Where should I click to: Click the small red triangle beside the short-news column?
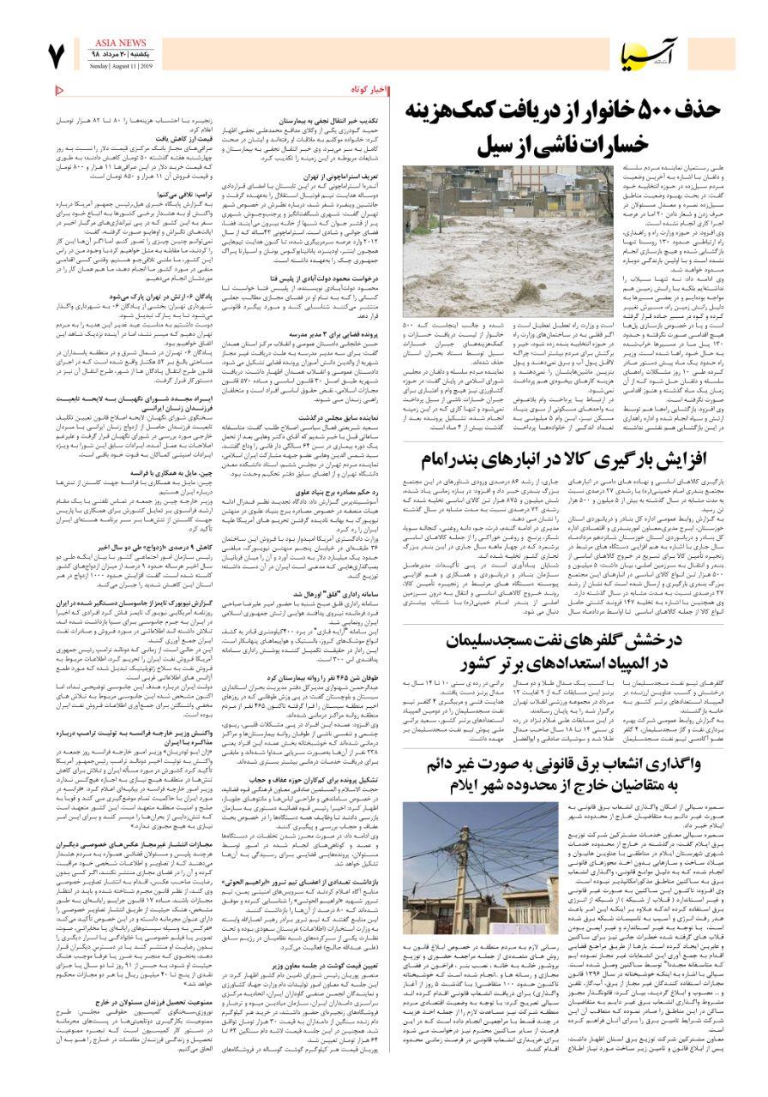pos(59,90)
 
